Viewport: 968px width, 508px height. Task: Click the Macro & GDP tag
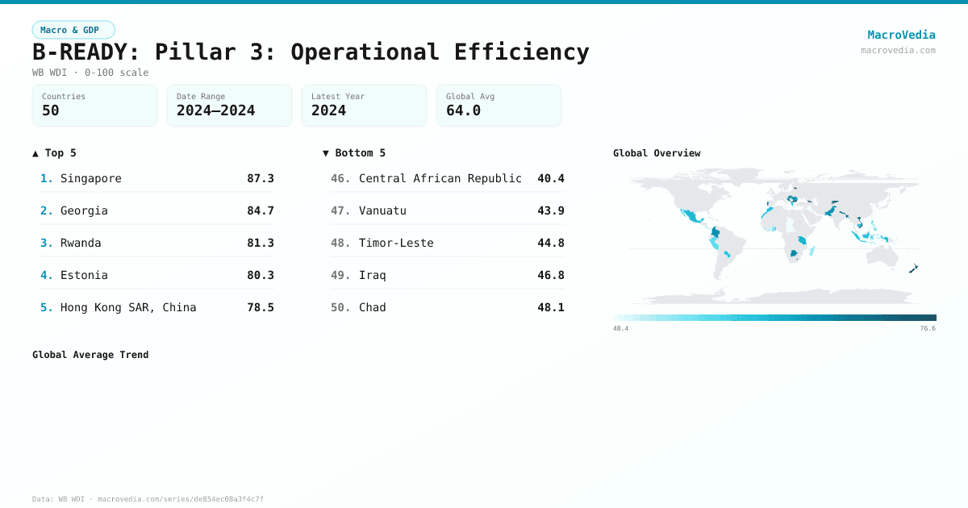coord(73,30)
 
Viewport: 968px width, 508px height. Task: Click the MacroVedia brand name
coord(901,35)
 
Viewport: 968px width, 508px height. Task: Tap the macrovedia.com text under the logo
coord(898,50)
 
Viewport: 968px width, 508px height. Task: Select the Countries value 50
coord(51,110)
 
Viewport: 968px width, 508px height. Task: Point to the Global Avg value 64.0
coord(463,110)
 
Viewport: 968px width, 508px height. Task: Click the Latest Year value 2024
coord(328,110)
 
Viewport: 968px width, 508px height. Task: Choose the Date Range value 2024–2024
coord(215,110)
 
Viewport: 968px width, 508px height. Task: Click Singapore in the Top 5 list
coord(91,178)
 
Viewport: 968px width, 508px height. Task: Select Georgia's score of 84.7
coord(261,210)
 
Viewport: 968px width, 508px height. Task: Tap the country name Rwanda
coord(81,243)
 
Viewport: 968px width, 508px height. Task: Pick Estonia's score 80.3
coord(261,275)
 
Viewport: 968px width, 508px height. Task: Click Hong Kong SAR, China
coord(128,307)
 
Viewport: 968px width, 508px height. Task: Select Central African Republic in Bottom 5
coord(440,178)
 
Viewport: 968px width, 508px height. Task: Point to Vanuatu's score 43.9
coord(551,210)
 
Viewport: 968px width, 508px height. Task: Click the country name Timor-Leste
coord(396,243)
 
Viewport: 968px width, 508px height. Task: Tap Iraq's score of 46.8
coord(551,275)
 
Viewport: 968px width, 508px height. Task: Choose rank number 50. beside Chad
coord(340,307)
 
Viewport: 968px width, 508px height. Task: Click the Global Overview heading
coord(657,153)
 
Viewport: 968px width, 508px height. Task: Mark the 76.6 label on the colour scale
coord(928,329)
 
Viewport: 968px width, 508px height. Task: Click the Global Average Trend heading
coord(90,355)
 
